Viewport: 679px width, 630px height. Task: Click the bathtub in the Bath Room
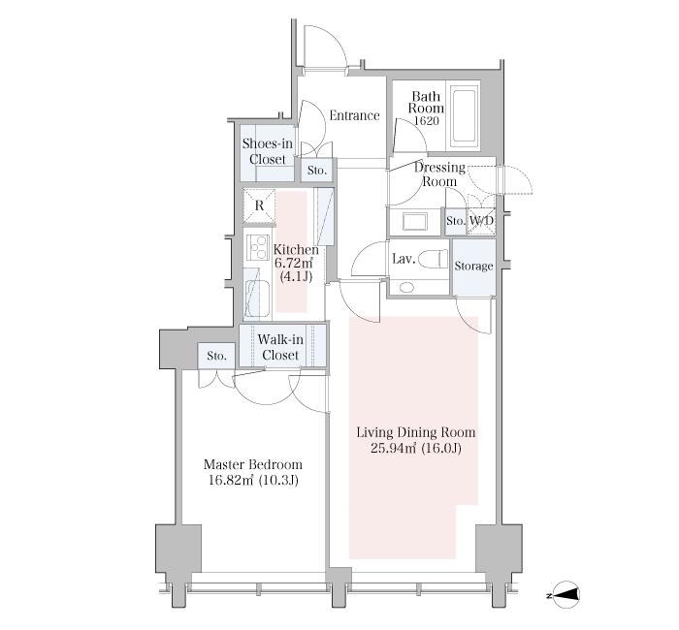coord(465,116)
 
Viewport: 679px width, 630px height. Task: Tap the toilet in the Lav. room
coord(436,259)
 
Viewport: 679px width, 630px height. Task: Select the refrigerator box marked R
coord(259,205)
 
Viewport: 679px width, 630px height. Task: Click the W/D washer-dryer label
coord(481,221)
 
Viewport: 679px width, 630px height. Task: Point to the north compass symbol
coord(565,595)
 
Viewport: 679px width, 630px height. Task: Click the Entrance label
coord(355,115)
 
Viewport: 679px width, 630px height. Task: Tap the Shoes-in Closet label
coord(268,151)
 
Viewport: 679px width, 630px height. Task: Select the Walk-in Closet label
coord(280,347)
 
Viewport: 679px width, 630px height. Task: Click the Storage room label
coord(473,266)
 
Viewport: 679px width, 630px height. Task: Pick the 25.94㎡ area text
coord(392,448)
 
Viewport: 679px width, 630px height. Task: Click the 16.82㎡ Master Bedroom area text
coord(231,481)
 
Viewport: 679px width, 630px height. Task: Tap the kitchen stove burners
coord(258,247)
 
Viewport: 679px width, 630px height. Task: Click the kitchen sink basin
coord(257,299)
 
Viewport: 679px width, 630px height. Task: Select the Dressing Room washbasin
coord(415,222)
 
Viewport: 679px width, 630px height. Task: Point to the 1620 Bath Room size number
coord(427,121)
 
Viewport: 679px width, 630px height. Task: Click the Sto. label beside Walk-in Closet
coord(216,356)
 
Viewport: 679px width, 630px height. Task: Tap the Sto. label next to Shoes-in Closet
coord(317,171)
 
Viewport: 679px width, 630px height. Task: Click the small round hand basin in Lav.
coord(406,287)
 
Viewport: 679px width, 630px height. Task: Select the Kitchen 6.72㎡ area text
coord(294,263)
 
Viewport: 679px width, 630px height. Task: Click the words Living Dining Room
coord(416,432)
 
